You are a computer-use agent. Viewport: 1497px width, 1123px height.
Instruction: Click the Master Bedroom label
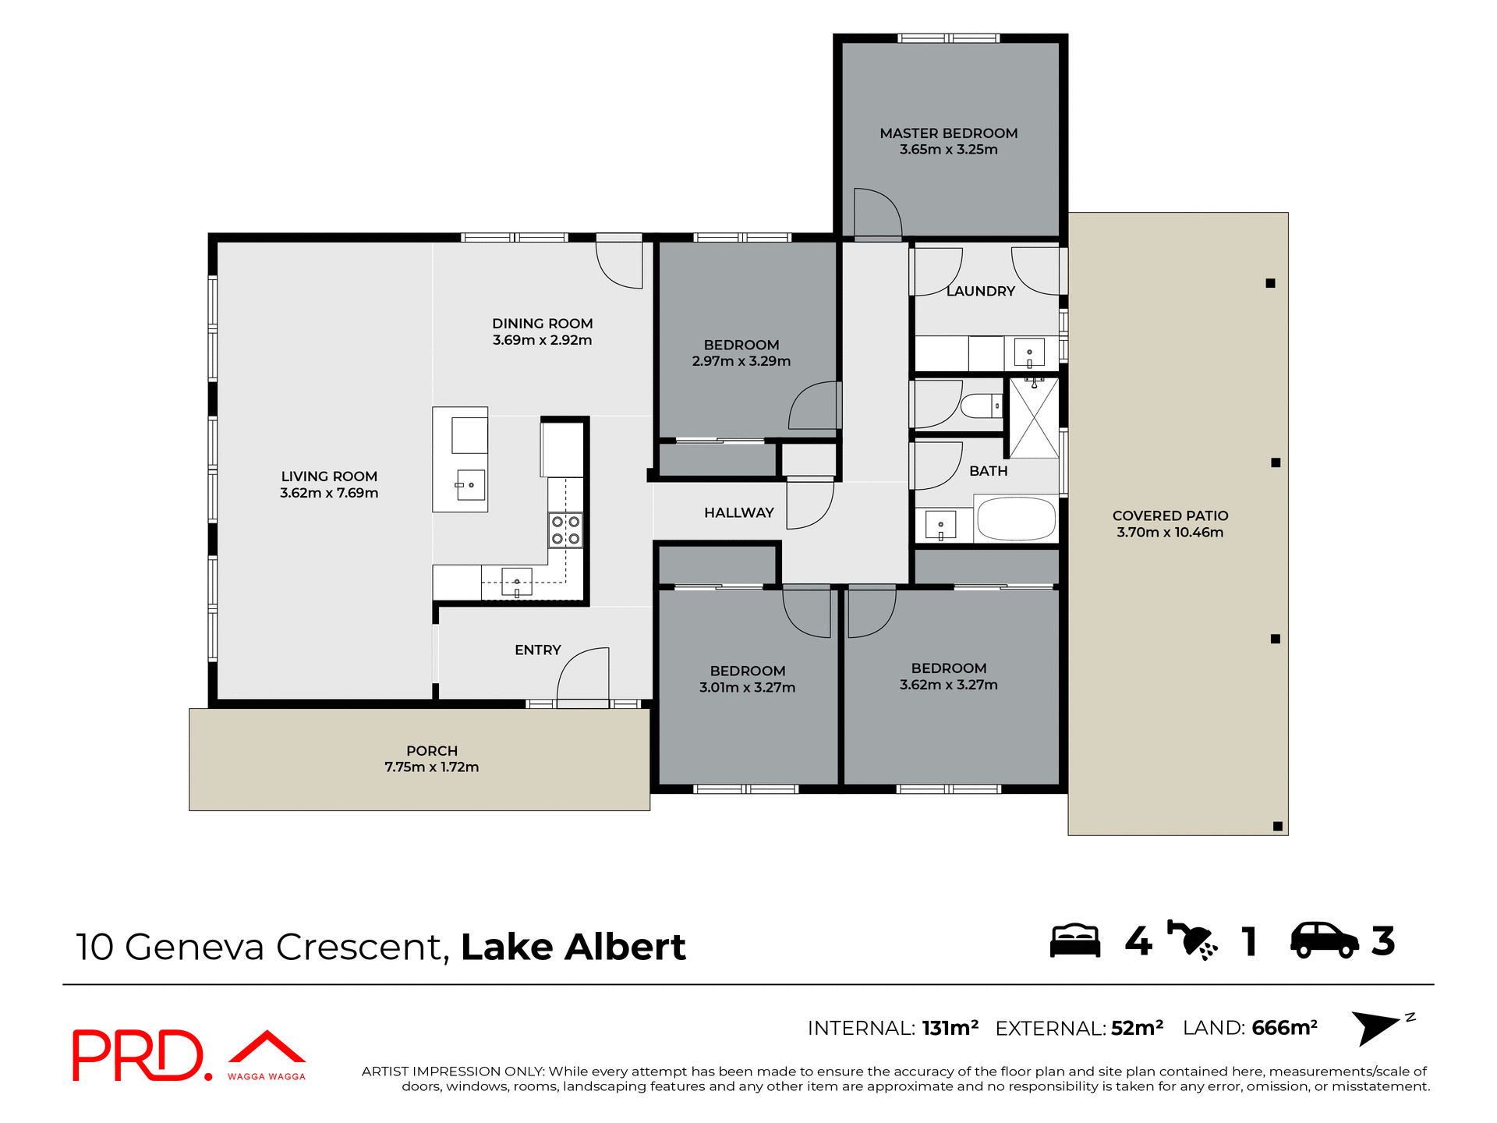948,133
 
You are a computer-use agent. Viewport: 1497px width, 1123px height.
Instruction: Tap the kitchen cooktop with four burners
565,530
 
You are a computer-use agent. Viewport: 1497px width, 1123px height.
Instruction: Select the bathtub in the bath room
1015,519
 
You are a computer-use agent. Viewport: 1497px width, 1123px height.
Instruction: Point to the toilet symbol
980,406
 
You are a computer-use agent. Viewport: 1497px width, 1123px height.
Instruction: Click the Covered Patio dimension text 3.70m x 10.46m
1170,533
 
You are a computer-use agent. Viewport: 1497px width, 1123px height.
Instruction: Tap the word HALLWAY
738,512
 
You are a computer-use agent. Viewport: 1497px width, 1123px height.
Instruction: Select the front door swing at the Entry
583,676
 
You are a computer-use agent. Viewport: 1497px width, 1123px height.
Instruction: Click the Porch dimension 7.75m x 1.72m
431,767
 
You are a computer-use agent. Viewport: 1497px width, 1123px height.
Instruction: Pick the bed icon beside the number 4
1074,941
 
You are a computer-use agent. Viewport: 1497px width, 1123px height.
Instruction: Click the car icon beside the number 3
1324,941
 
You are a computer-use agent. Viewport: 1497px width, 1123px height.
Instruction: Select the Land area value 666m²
1284,1028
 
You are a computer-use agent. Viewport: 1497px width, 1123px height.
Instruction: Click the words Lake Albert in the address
573,947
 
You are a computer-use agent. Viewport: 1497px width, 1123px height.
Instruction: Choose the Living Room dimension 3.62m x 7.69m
329,493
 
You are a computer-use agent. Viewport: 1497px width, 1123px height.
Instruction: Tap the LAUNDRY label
980,291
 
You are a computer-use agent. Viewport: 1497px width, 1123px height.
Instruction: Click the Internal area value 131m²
950,1028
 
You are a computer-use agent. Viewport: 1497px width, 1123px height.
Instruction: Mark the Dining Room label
542,324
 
